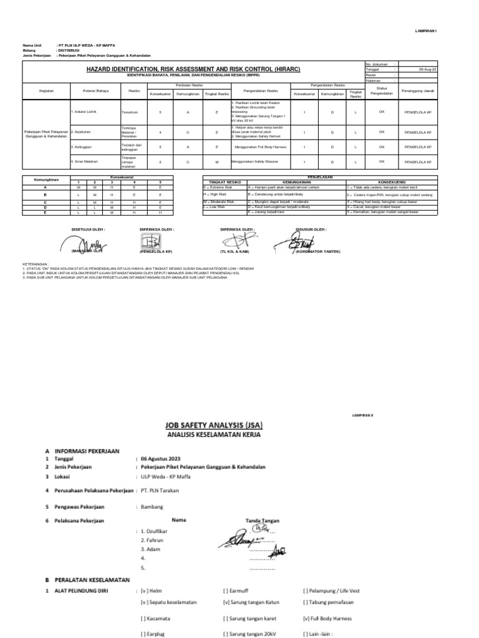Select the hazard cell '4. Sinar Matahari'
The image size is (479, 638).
click(85, 162)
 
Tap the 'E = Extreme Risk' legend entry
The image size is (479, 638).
click(218, 186)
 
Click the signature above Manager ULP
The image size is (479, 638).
click(87, 241)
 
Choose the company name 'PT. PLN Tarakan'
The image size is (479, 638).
click(161, 490)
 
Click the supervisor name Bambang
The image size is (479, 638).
click(152, 507)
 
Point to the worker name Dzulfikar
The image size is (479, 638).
click(155, 530)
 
